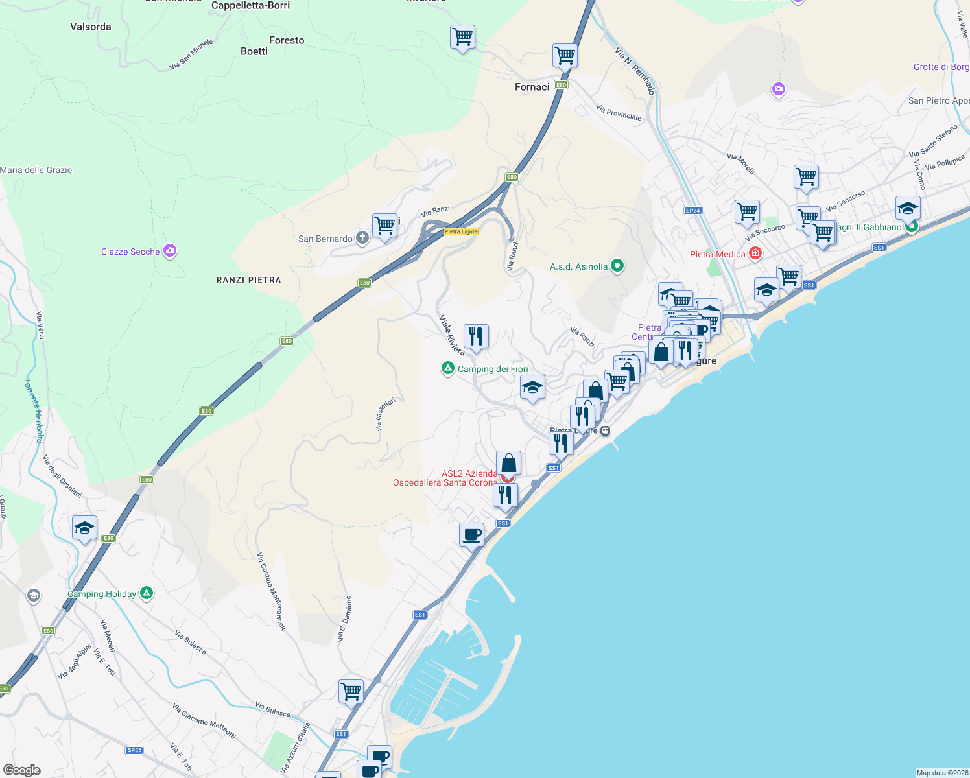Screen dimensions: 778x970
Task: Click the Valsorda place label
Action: click(90, 27)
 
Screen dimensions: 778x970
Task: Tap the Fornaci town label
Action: click(532, 87)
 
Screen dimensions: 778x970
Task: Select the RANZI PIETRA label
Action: click(248, 280)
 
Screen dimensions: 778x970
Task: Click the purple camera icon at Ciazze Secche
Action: click(170, 251)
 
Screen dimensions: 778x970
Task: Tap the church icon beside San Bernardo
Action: click(362, 238)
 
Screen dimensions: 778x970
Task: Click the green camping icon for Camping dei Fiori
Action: click(447, 368)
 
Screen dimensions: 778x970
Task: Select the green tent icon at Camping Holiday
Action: click(147, 593)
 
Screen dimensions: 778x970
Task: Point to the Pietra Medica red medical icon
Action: click(755, 253)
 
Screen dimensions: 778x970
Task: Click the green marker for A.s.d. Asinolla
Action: click(617, 266)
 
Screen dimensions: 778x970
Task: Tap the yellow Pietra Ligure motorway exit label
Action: click(461, 231)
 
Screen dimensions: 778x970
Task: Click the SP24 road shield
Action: click(692, 210)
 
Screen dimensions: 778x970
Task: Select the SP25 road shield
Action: click(134, 750)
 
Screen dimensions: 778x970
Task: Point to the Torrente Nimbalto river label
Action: click(34, 410)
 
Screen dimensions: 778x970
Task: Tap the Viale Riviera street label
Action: click(451, 335)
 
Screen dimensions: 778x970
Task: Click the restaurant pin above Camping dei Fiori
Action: click(476, 336)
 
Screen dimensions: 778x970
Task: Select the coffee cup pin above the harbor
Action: click(471, 535)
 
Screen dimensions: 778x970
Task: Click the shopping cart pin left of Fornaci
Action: click(462, 37)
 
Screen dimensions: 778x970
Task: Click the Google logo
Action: click(21, 770)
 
